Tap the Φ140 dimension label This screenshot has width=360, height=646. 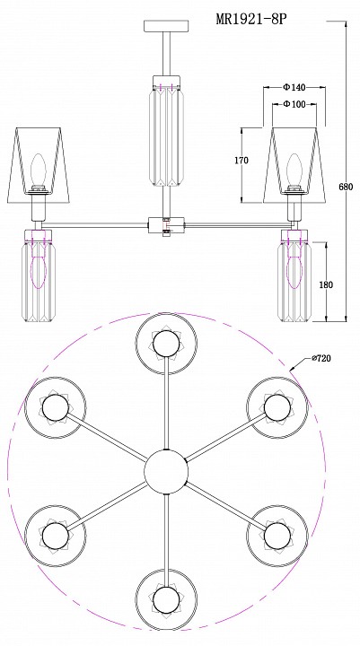(x=294, y=87)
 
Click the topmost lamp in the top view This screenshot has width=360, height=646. (x=166, y=344)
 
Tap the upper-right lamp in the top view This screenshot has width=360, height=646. (x=277, y=406)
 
